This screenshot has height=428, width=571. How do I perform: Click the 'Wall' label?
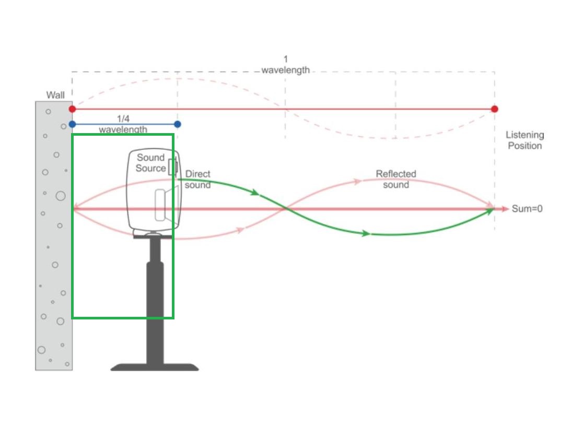point(55,95)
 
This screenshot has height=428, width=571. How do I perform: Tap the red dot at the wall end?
point(73,109)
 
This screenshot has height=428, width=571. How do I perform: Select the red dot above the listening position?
point(494,109)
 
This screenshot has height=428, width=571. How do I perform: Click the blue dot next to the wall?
point(73,124)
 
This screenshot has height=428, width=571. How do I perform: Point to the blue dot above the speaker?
point(177,124)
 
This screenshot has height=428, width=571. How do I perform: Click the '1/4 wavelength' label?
point(123,124)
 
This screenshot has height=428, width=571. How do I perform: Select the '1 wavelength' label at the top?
point(285,64)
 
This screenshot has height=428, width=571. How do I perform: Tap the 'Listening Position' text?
point(525,140)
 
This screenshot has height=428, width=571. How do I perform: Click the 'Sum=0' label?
point(527,209)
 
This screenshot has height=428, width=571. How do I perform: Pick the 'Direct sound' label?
point(198,180)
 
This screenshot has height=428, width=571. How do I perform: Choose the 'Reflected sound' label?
point(396,179)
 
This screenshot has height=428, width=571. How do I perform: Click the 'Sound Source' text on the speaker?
point(151,163)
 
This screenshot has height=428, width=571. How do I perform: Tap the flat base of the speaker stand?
point(155,367)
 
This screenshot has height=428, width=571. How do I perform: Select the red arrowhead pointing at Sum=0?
point(505,209)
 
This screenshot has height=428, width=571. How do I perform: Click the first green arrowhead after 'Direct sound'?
point(255,192)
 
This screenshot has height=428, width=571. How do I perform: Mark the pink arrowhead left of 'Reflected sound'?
point(357,181)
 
